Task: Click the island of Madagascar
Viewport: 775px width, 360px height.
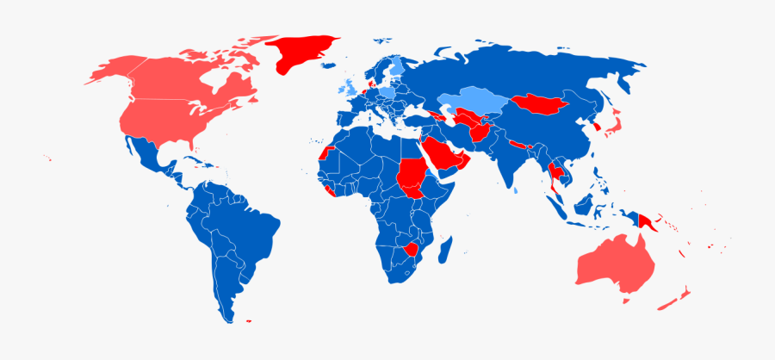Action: coord(445,251)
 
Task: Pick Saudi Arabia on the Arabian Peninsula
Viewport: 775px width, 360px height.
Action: coord(443,155)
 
